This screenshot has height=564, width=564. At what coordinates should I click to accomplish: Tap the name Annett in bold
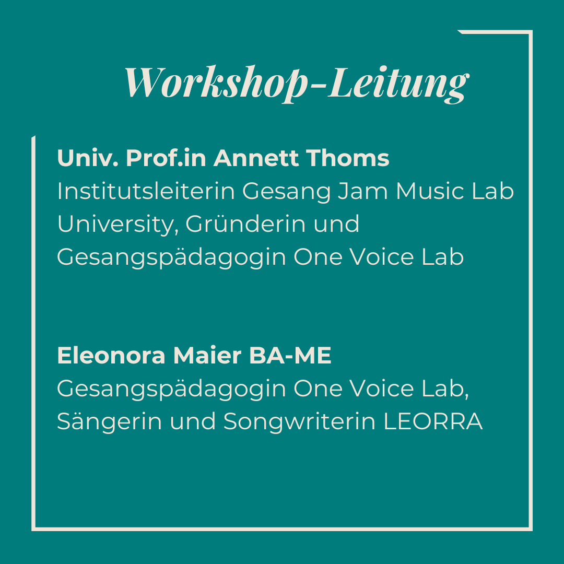[x=256, y=158]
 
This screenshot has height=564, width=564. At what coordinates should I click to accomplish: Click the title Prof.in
[x=166, y=158]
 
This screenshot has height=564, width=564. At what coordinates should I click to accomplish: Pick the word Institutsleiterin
[x=146, y=191]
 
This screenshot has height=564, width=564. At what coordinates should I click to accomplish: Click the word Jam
[x=363, y=191]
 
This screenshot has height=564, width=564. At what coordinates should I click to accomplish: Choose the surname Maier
[x=207, y=356]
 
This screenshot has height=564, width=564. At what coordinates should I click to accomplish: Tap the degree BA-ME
[x=290, y=356]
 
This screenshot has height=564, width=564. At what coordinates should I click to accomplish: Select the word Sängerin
[x=109, y=421]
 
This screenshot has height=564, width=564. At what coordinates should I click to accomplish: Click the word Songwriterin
[x=300, y=421]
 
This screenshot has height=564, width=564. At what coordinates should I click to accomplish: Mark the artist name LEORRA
[x=433, y=421]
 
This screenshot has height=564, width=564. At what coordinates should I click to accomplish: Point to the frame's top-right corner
[x=531, y=32]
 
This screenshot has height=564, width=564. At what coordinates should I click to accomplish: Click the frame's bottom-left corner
[x=33, y=529]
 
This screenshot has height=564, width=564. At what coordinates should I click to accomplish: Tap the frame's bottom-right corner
[x=531, y=529]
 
